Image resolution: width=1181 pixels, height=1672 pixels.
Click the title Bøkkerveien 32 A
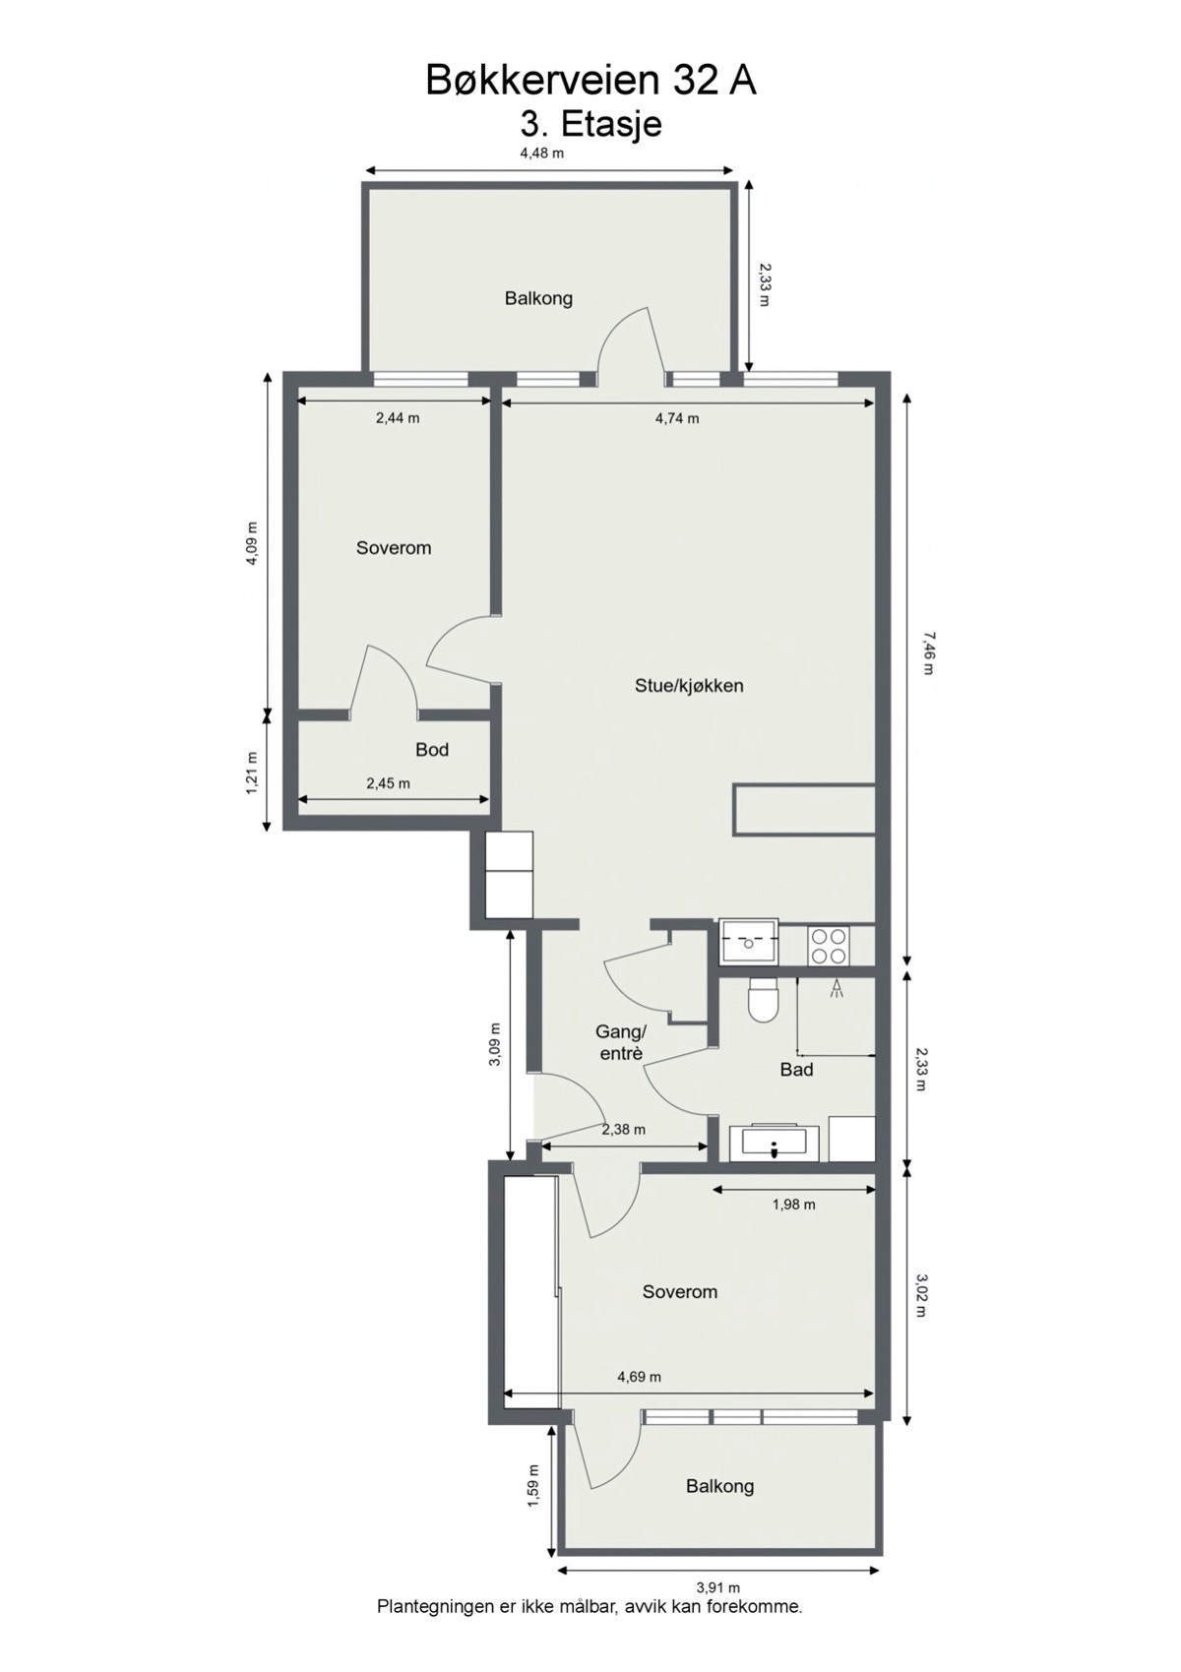click(590, 81)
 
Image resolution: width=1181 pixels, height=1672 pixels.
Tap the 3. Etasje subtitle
click(590, 125)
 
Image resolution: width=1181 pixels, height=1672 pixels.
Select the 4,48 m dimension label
click(541, 153)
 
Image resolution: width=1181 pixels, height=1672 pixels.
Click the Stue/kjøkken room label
click(689, 686)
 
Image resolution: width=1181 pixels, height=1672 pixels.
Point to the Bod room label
click(432, 750)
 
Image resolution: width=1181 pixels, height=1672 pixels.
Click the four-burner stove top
click(828, 946)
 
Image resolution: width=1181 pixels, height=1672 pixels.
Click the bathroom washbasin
click(774, 1143)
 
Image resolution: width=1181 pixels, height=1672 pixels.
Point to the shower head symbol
click(838, 988)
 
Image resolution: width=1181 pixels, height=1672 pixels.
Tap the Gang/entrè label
click(621, 1042)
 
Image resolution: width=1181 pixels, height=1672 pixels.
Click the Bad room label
click(796, 1070)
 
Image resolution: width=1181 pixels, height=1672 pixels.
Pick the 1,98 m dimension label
click(793, 1204)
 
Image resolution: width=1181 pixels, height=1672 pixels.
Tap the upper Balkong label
click(538, 298)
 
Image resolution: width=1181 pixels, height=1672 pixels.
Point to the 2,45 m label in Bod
click(388, 783)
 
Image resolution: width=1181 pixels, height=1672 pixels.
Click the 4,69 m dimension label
click(639, 1377)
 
